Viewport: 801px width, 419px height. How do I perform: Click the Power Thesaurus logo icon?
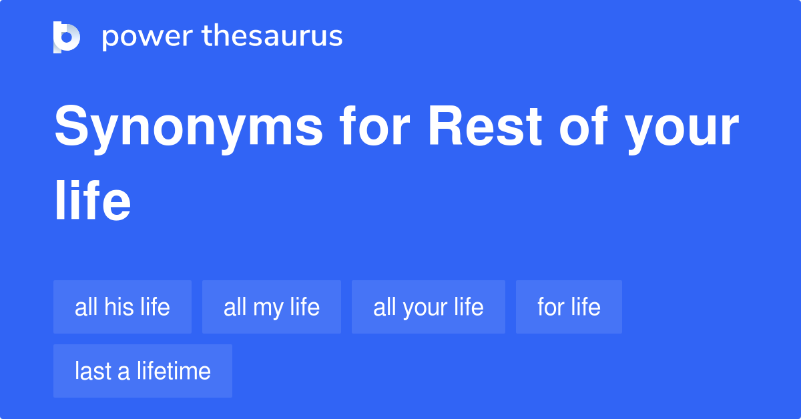[x=66, y=37]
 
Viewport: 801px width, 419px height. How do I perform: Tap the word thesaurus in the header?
[x=273, y=37]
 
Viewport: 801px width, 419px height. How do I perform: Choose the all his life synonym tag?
[x=122, y=307]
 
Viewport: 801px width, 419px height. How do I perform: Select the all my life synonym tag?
[x=272, y=307]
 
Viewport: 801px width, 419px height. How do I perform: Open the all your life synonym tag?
[x=428, y=307]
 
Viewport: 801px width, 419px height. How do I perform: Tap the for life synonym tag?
[x=569, y=307]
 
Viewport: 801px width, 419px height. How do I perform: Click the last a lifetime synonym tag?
[x=143, y=371]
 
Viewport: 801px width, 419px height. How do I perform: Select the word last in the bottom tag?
[x=93, y=371]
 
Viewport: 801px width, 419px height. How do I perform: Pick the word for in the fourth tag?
[x=551, y=307]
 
